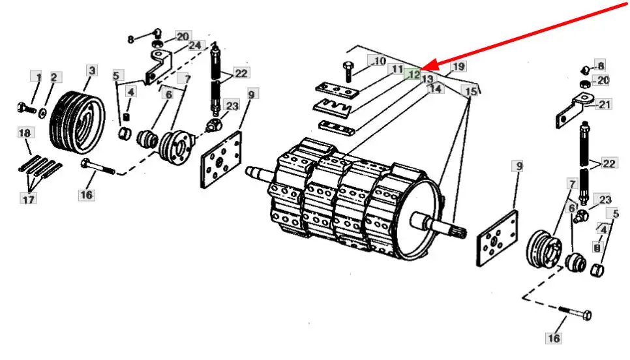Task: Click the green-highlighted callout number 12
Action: (413, 74)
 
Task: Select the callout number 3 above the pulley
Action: (91, 70)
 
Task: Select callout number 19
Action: (458, 67)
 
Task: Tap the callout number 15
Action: (471, 90)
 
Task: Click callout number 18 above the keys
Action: (25, 133)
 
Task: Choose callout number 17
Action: (28, 200)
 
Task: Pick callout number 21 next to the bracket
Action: (605, 104)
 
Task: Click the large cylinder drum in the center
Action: (352, 196)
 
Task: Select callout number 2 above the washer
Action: (53, 78)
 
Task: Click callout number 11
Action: (397, 68)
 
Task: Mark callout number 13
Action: (427, 78)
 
